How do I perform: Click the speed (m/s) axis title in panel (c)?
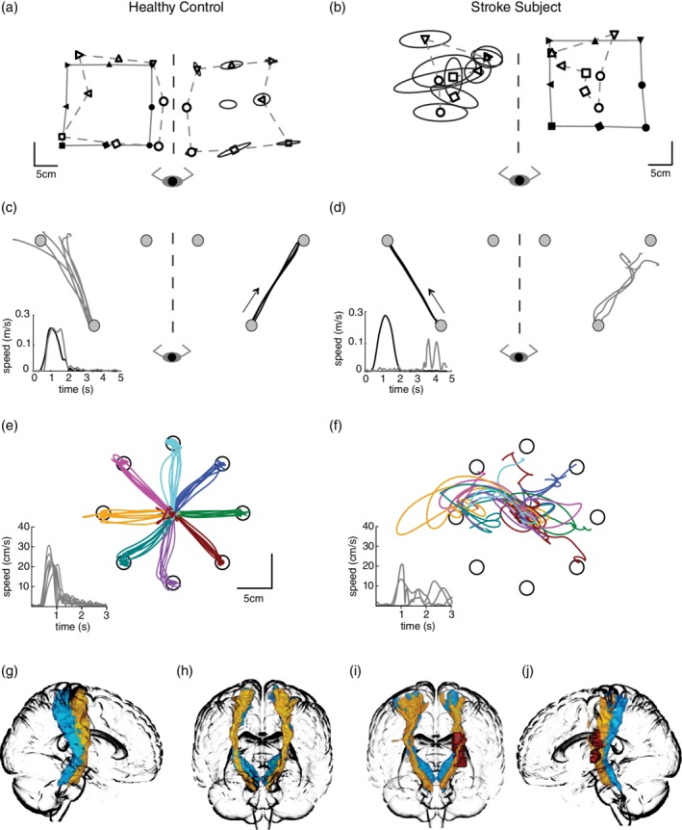(x=12, y=341)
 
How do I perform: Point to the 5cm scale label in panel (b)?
(x=659, y=174)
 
